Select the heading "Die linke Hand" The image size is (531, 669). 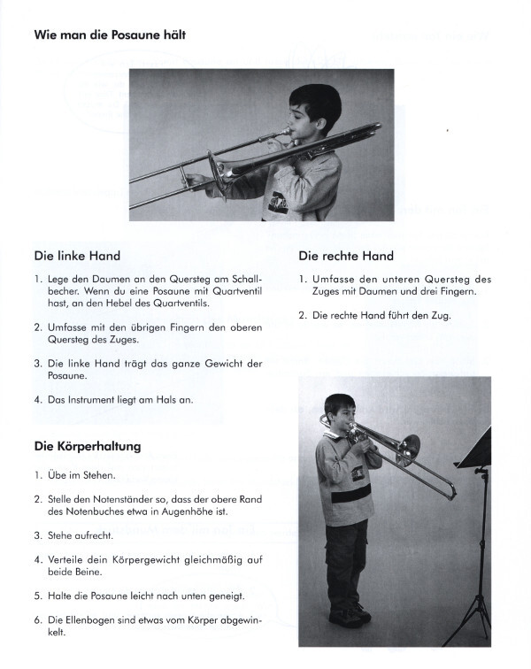(x=77, y=256)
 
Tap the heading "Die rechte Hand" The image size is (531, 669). (x=346, y=256)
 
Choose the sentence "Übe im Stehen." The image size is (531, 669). (x=77, y=474)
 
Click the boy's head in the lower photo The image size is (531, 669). (x=339, y=412)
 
